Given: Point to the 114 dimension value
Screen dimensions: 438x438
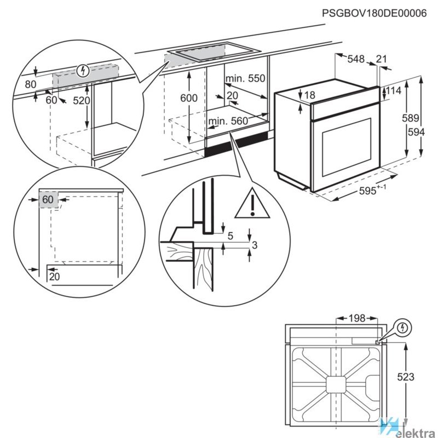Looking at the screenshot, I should pyautogui.click(x=395, y=91).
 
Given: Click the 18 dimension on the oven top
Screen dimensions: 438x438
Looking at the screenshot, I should pyautogui.click(x=310, y=95).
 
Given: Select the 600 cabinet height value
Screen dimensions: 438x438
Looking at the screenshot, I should pyautogui.click(x=188, y=98).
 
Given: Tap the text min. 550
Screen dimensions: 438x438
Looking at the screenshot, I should pyautogui.click(x=245, y=78).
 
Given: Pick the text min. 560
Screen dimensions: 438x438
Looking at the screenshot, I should pyautogui.click(x=228, y=121).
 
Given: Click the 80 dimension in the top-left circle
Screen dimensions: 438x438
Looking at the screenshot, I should pyautogui.click(x=31, y=84).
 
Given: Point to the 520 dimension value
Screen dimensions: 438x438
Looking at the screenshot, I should pyautogui.click(x=82, y=101).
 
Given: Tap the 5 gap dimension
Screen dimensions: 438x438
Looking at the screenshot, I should pyautogui.click(x=230, y=236).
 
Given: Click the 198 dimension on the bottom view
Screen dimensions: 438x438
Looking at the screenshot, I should pyautogui.click(x=355, y=318).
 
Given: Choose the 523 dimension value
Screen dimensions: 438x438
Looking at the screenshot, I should pyautogui.click(x=406, y=377).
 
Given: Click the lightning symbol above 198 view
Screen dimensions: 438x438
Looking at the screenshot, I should pyautogui.click(x=404, y=328).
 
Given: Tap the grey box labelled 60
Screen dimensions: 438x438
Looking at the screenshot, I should pyautogui.click(x=48, y=199).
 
